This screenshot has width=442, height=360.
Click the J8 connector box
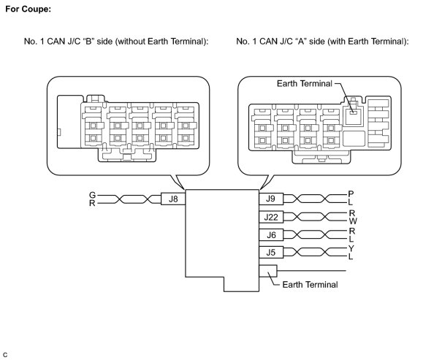tap(173, 198)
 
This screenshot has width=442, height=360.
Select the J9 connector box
tap(270, 198)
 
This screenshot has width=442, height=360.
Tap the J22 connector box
tap(270, 216)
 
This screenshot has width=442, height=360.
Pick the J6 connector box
tap(270, 234)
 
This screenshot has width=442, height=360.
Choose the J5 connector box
tap(270, 253)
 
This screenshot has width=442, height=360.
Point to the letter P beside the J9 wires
tap(351, 194)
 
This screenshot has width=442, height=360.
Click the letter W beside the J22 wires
tap(352, 221)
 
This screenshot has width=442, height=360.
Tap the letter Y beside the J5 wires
tap(351, 248)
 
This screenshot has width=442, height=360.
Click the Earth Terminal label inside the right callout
tap(304, 84)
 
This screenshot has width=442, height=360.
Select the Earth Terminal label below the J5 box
tap(310, 285)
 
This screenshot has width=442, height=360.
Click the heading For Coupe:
tap(28, 9)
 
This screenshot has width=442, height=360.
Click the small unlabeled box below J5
tap(267, 271)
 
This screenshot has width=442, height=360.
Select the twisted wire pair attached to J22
tap(314, 216)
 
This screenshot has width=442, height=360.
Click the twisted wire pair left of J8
tap(129, 198)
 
